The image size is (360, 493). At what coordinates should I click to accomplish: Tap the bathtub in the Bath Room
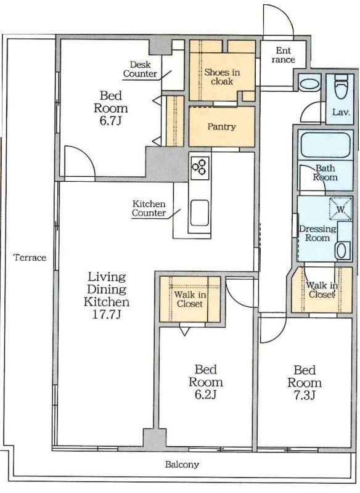(x=325, y=145)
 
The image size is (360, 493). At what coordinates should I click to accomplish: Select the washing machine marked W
(x=341, y=209)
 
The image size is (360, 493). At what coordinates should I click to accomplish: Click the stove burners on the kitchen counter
(x=200, y=166)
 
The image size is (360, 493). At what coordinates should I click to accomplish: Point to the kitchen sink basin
(x=200, y=213)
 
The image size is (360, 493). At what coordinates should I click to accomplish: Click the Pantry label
(x=221, y=127)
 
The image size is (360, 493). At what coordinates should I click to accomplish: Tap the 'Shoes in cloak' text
(x=222, y=76)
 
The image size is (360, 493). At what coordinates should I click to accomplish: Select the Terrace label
(x=30, y=258)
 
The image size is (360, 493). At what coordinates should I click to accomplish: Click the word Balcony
(x=182, y=465)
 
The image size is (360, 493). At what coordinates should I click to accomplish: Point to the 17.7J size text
(x=107, y=314)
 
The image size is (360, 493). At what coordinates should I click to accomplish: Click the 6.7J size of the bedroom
(x=110, y=121)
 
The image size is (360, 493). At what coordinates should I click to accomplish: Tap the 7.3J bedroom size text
(x=305, y=395)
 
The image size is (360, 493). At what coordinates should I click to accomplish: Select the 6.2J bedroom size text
(x=205, y=394)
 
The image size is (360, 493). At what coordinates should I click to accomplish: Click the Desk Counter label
(x=140, y=69)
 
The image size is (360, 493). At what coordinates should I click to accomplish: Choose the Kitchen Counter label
(x=149, y=208)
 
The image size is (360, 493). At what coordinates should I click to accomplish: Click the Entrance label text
(x=284, y=55)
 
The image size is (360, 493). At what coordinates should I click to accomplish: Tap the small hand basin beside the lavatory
(x=309, y=84)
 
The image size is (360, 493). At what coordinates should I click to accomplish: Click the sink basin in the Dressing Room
(x=342, y=251)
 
